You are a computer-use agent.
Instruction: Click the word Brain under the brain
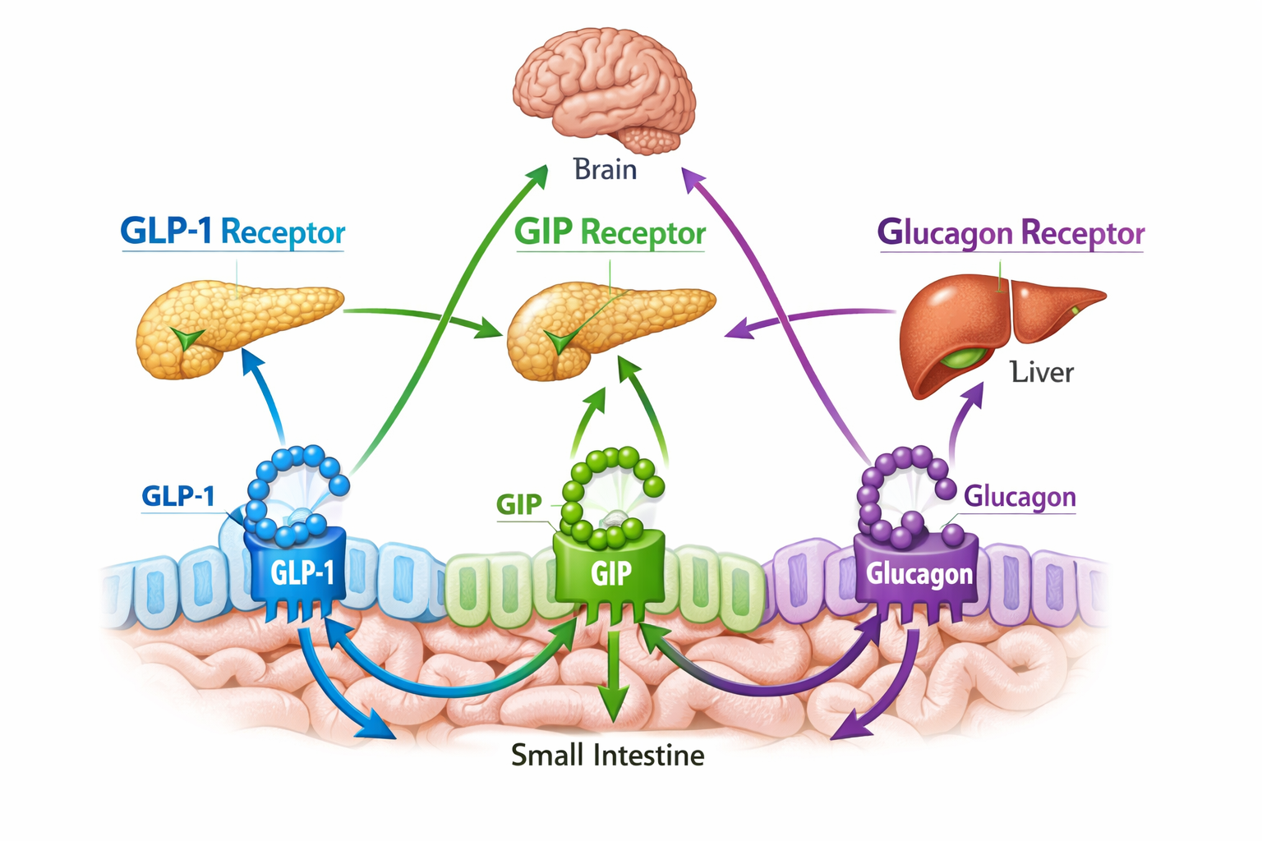pyautogui.click(x=606, y=170)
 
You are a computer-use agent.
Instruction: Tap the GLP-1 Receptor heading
pyautogui.click(x=233, y=232)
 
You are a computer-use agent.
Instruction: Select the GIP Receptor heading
pyautogui.click(x=610, y=233)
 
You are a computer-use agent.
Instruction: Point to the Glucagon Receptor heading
pyautogui.click(x=1011, y=233)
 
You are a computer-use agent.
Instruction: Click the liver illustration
pyautogui.click(x=986, y=329)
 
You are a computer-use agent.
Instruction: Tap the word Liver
pyautogui.click(x=1042, y=373)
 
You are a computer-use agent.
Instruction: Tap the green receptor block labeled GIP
pyautogui.click(x=610, y=571)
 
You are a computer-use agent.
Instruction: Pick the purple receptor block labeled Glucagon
pyautogui.click(x=919, y=572)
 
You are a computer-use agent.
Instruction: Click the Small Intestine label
pyautogui.click(x=607, y=756)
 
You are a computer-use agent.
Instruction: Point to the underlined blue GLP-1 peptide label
pyautogui.click(x=178, y=497)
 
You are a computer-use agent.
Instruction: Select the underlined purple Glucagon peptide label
pyautogui.click(x=1020, y=497)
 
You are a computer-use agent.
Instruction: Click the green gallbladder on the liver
pyautogui.click(x=965, y=357)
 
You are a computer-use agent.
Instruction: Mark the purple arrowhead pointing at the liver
pyautogui.click(x=974, y=393)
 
